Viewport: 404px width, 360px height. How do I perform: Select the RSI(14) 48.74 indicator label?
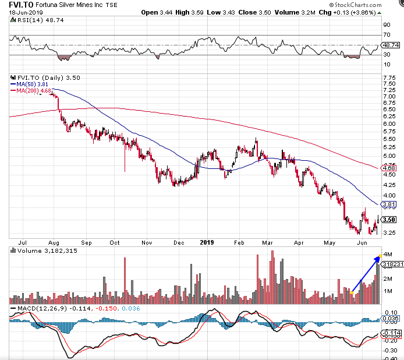(x=33, y=19)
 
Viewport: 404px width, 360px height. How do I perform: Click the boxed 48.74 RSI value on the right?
(x=391, y=45)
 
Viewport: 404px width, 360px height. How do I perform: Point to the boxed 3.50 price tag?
(x=390, y=220)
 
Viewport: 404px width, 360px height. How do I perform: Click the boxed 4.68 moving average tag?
(x=390, y=168)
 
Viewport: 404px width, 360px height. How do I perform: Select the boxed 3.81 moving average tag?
(x=390, y=204)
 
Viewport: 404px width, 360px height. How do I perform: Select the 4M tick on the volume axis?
(x=387, y=253)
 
